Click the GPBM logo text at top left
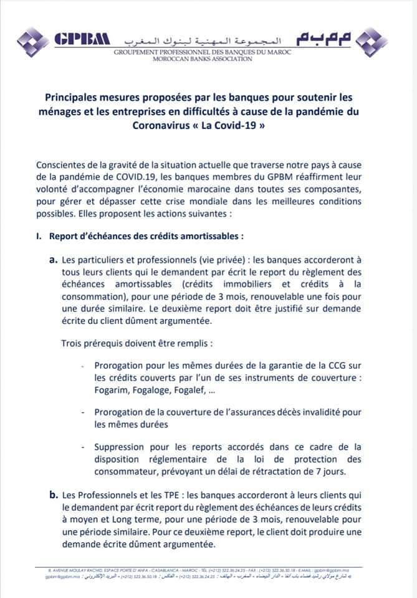tap(81, 39)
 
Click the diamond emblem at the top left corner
tap(32, 42)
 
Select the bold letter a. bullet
tap(53, 259)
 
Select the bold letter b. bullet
tap(53, 495)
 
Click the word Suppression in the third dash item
tap(121, 447)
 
